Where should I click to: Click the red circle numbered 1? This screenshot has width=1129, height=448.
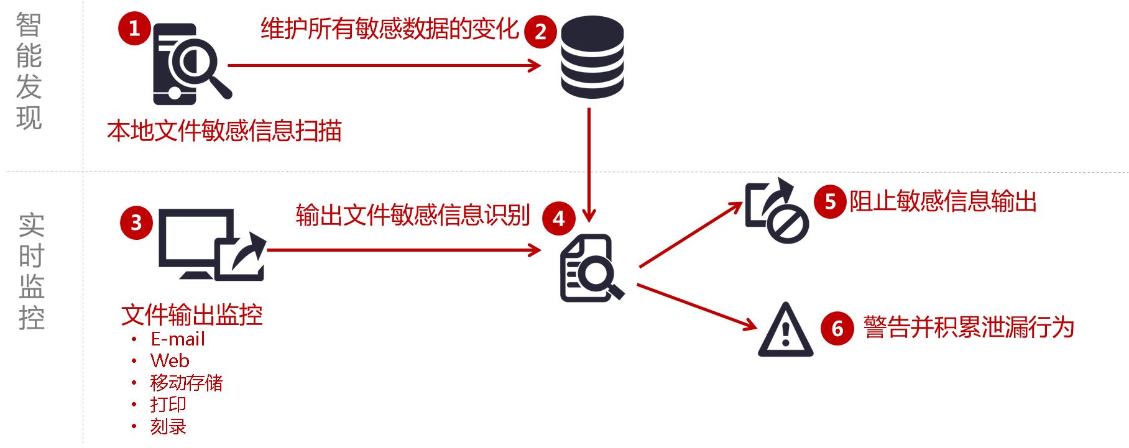tap(134, 29)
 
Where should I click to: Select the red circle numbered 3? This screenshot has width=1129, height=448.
tap(136, 222)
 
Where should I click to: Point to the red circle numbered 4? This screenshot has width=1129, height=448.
tap(558, 219)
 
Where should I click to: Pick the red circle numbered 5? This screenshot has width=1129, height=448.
tap(831, 201)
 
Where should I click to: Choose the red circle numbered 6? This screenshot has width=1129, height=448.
tap(837, 328)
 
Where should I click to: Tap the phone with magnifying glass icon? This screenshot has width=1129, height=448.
tap(187, 63)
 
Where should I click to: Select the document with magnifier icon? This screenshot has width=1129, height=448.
tap(590, 268)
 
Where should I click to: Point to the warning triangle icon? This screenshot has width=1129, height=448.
tap(785, 331)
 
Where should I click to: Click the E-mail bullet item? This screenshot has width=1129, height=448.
tap(177, 339)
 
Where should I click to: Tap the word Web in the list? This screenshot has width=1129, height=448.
tap(169, 361)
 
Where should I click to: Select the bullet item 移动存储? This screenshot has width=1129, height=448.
tap(186, 383)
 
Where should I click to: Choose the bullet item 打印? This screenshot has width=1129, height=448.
tap(168, 405)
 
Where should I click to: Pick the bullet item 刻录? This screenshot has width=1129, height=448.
tap(168, 427)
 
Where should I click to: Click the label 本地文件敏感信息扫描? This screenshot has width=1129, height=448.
tap(224, 131)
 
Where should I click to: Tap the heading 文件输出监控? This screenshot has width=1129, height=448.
tap(191, 316)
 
